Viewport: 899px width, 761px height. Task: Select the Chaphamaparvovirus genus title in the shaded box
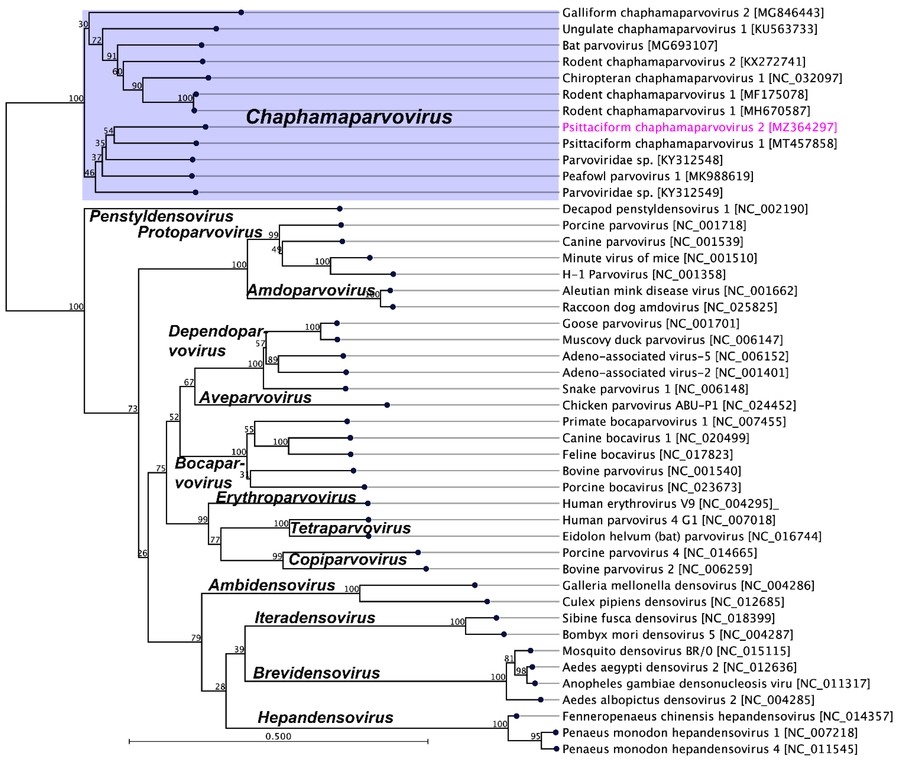point(349,117)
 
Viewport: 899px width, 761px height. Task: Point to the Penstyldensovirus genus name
point(161,216)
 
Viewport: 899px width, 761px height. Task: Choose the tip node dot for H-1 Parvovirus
point(393,274)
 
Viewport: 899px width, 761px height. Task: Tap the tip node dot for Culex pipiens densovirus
point(487,601)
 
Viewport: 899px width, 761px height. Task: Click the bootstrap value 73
point(132,409)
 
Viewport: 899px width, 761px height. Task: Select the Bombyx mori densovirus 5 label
point(677,634)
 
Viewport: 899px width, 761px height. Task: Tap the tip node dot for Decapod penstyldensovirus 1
point(340,209)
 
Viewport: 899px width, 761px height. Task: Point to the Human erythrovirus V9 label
point(670,503)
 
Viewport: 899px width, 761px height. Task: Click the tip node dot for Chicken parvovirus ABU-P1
point(387,405)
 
